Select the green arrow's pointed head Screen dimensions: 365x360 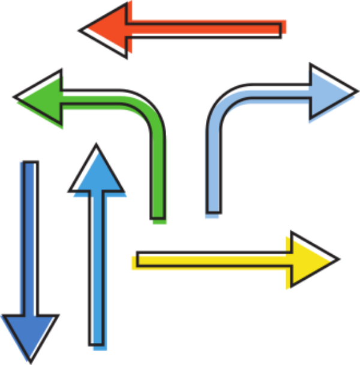pyautogui.click(x=42, y=98)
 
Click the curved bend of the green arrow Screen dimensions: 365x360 pyautogui.click(x=146, y=110)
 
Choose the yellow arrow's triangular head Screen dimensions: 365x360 pyautogui.click(x=309, y=260)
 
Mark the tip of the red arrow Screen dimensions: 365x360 pyautogui.click(x=82, y=29)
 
